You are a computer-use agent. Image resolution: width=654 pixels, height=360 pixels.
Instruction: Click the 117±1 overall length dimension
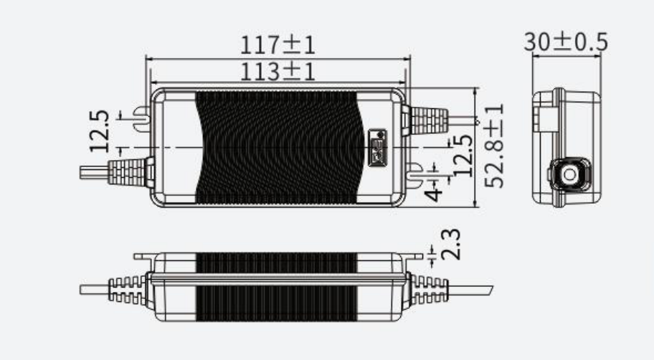[278, 44]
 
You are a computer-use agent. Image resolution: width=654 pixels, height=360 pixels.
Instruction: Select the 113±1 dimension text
[278, 70]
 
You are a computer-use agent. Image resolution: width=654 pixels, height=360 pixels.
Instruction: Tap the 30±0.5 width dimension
[565, 42]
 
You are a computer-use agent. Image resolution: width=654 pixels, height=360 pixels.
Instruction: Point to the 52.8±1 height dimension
[494, 146]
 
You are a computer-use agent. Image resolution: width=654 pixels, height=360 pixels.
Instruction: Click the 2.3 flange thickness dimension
[452, 244]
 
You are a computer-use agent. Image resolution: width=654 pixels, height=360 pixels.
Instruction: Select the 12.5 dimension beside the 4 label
[464, 155]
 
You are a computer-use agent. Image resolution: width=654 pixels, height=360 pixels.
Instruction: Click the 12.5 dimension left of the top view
[100, 131]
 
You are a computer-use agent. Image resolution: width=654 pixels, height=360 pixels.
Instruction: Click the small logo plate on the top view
[377, 147]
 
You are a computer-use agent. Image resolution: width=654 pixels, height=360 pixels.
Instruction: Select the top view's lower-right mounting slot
[413, 171]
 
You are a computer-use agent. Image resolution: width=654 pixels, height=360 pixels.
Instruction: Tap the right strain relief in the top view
[427, 119]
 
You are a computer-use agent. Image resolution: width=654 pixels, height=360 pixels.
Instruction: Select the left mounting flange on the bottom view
[143, 255]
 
